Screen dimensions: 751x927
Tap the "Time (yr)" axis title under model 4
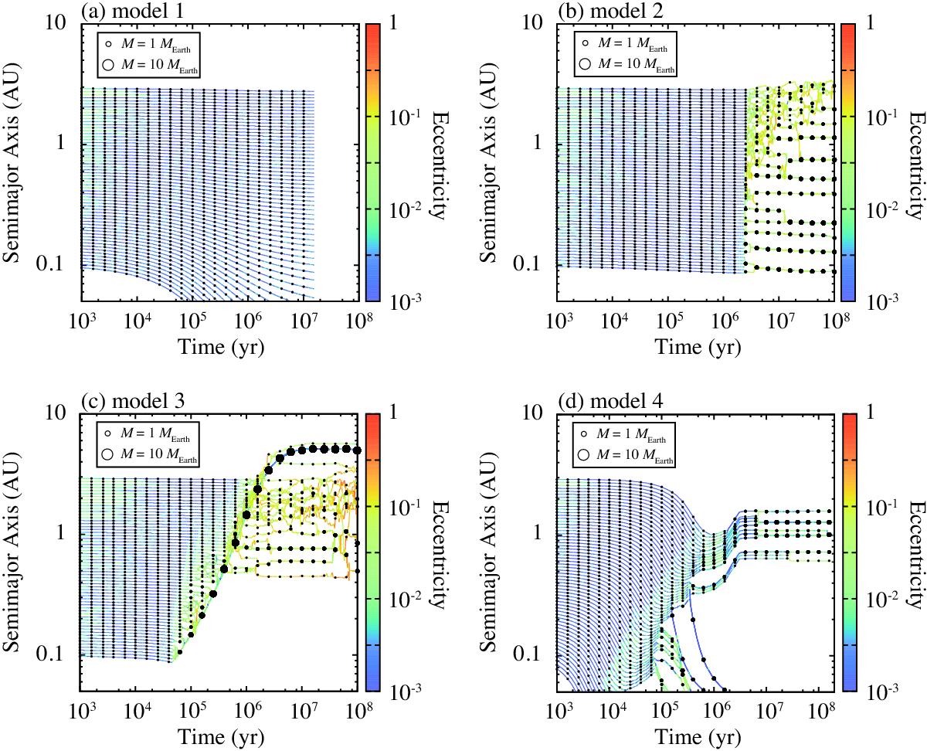694,736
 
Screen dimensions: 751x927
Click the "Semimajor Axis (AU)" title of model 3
14,552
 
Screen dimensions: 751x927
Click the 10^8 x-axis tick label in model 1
356,321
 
